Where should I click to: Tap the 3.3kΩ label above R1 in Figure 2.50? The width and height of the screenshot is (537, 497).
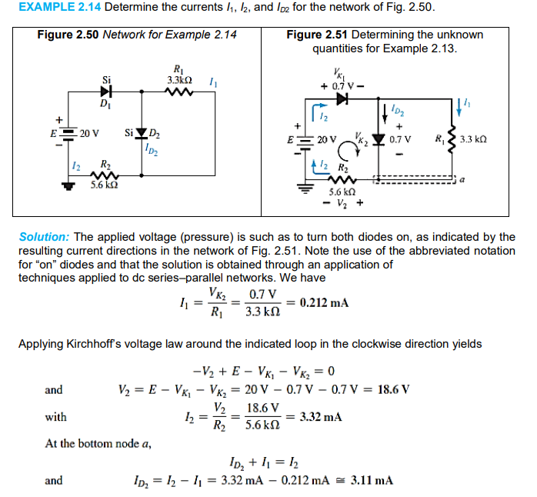[x=179, y=79]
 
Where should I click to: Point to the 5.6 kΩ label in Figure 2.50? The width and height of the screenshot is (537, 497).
[x=104, y=185]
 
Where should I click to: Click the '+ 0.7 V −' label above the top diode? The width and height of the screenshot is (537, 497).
[x=335, y=85]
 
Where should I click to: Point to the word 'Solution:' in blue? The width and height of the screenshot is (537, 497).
[x=45, y=237]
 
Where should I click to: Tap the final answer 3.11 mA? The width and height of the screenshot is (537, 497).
[x=372, y=481]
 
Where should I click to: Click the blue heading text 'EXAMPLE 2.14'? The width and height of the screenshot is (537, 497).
[x=50, y=8]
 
